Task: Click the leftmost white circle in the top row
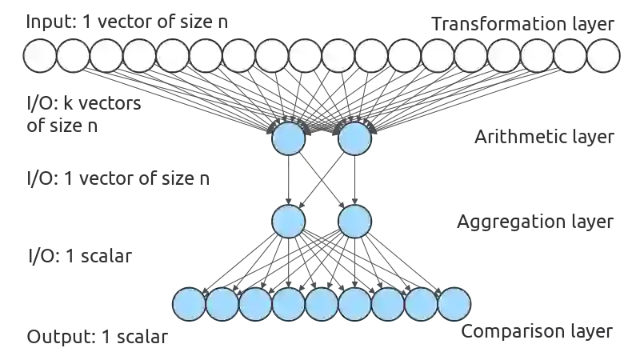(x=39, y=56)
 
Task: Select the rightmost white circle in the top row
(x=603, y=56)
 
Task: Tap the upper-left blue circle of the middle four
(x=290, y=139)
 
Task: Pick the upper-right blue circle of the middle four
(x=354, y=139)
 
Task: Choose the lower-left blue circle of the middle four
(x=290, y=220)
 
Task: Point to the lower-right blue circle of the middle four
(x=354, y=220)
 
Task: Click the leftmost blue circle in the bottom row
(x=190, y=304)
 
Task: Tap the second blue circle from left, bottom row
(x=222, y=304)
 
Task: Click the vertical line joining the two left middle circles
(x=290, y=180)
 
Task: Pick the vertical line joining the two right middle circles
(x=354, y=180)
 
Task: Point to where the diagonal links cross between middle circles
(x=322, y=180)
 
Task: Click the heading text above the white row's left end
(x=128, y=23)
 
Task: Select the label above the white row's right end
(x=524, y=24)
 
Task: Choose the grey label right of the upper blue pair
(x=544, y=138)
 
